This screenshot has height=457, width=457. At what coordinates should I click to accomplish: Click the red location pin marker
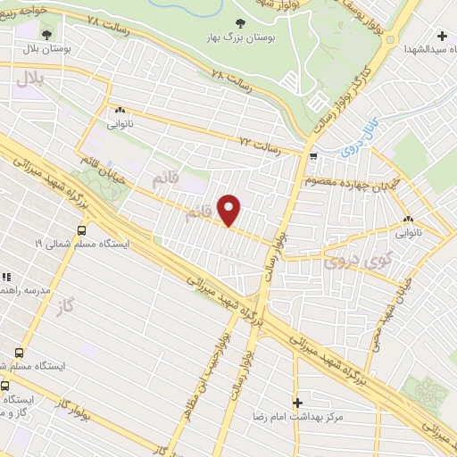pyautogui.click(x=229, y=211)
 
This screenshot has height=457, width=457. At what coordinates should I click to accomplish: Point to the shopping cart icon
pyautogui.click(x=312, y=157)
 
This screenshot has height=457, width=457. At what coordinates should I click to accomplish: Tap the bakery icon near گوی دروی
pyautogui.click(x=408, y=220)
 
